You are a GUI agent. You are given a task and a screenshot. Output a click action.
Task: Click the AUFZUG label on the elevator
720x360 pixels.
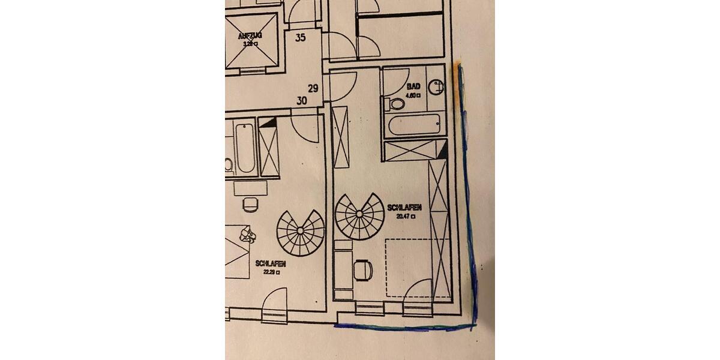point(250,36)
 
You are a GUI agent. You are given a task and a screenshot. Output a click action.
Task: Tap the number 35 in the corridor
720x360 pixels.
point(301,38)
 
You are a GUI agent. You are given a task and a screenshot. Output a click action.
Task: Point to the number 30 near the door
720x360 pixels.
point(302,101)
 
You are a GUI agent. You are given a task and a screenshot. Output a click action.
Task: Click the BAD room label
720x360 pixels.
point(413,87)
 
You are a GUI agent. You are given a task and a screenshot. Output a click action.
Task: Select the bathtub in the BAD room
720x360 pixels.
point(415,127)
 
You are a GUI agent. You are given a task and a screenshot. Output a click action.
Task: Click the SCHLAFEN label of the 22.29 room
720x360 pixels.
point(270,263)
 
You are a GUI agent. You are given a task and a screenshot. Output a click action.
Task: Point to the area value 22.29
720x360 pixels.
point(269,271)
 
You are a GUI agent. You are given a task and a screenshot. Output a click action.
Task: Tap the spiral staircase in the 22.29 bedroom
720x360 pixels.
point(300,232)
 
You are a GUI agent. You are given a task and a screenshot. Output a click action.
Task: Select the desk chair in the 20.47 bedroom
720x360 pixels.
point(363,270)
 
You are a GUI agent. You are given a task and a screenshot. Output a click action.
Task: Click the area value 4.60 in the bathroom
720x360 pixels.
point(412,95)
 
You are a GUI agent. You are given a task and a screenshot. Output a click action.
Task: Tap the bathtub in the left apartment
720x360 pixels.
point(245,148)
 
